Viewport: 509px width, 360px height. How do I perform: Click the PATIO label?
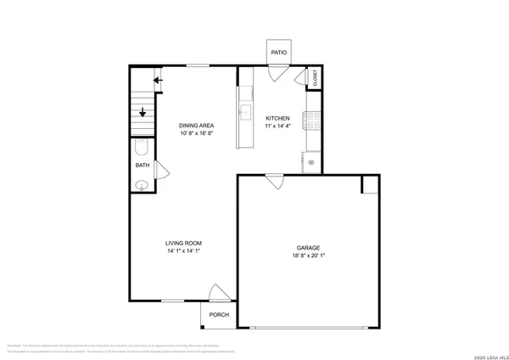(278, 53)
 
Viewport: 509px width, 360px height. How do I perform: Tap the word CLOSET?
(315, 79)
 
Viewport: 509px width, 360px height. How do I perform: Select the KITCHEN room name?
(278, 118)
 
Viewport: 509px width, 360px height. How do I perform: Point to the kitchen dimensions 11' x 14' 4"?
(278, 127)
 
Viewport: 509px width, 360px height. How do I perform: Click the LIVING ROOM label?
(183, 243)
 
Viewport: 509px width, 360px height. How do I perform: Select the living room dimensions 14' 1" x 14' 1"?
(183, 251)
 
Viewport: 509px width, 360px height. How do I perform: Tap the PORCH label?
(219, 314)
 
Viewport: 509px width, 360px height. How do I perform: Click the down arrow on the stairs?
(142, 110)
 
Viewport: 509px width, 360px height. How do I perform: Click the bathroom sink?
(143, 184)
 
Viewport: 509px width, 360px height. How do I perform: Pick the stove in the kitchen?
(313, 121)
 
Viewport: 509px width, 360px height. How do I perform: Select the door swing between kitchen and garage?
(274, 180)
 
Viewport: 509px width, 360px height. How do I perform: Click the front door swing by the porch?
(219, 292)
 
